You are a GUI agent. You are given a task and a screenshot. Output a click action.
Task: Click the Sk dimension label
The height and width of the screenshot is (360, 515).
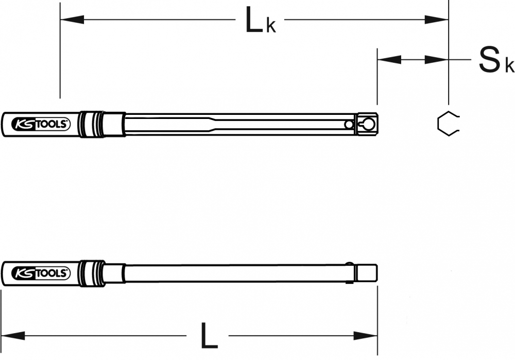496,60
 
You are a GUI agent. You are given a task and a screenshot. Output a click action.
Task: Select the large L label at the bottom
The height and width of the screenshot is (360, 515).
209,336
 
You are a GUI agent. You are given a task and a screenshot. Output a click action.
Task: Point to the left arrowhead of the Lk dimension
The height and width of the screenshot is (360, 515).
72,20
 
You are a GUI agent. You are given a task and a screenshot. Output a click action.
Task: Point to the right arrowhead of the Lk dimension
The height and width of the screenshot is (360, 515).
437,20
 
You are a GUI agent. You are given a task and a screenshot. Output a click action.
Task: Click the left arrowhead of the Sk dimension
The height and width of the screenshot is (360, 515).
389,60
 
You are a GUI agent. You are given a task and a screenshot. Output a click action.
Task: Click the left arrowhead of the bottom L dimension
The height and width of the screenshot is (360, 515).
13,336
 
